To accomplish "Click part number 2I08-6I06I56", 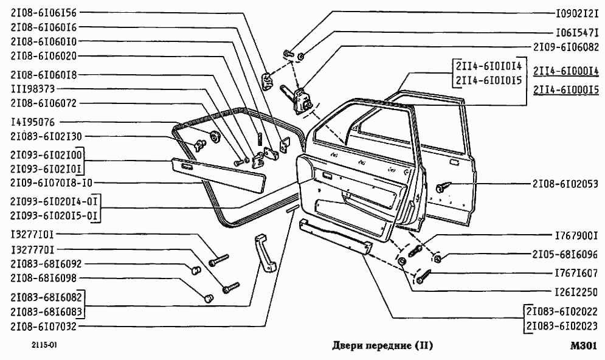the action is pyautogui.click(x=44, y=13).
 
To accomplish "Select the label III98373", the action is pyautogui.click(x=33, y=89).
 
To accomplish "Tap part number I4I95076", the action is pyautogui.click(x=33, y=122).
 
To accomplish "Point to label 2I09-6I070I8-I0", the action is pyautogui.click(x=51, y=182).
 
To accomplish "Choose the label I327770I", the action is pyautogui.click(x=33, y=250).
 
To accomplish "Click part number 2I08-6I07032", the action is pyautogui.click(x=44, y=327).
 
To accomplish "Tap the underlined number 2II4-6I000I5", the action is pyautogui.click(x=566, y=90).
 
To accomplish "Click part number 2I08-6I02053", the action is pyautogui.click(x=565, y=184).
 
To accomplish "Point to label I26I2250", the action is pyautogui.click(x=576, y=292).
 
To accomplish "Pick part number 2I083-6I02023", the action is pyautogui.click(x=562, y=327).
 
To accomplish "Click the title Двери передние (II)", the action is pyautogui.click(x=382, y=345).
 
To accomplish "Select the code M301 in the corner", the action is pyautogui.click(x=584, y=346).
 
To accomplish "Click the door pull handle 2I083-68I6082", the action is pyautogui.click(x=264, y=253).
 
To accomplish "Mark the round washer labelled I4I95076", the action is pyautogui.click(x=214, y=136).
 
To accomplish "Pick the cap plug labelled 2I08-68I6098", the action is pyautogui.click(x=209, y=297).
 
